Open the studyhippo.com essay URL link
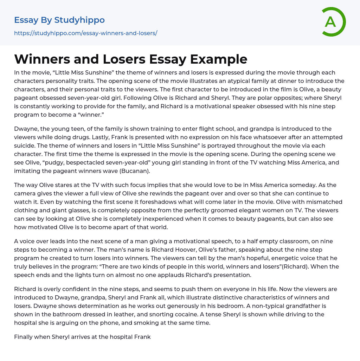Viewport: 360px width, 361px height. coord(85,33)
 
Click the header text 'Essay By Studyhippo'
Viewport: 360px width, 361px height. coord(59,20)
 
